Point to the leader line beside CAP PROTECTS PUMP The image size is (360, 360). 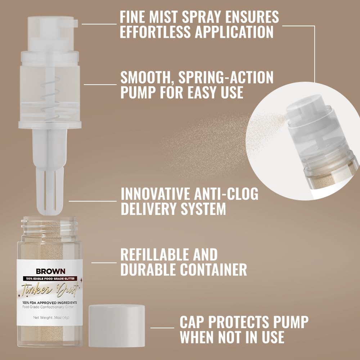pyautogui.click(x=162, y=328)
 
